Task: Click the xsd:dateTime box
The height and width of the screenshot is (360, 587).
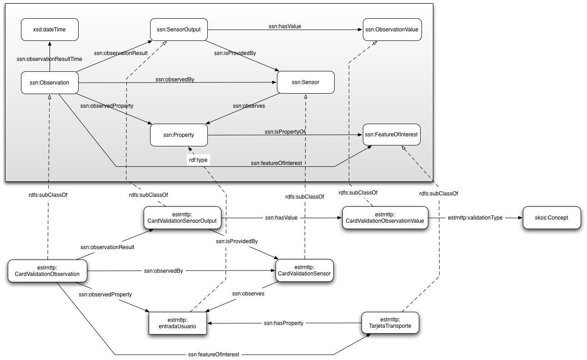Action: tap(49, 30)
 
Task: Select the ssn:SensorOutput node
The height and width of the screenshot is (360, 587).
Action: tap(179, 30)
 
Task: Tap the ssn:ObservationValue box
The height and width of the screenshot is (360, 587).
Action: tap(391, 30)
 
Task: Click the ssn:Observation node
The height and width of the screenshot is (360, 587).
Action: tap(49, 83)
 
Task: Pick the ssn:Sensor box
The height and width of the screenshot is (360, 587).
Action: tap(306, 83)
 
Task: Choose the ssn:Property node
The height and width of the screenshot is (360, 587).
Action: tap(179, 135)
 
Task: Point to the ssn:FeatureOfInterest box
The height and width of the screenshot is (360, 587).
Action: tap(391, 135)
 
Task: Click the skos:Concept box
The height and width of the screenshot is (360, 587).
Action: tap(552, 218)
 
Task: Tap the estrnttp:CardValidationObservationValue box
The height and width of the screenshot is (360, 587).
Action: tap(385, 218)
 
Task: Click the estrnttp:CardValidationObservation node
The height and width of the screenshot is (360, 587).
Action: tap(47, 270)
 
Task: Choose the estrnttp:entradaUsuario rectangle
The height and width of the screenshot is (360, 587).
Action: tap(178, 323)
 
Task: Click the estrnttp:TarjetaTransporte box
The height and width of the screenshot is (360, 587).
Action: tap(390, 323)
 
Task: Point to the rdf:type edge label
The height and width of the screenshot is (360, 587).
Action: tap(198, 160)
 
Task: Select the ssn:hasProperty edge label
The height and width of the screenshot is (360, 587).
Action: tap(283, 323)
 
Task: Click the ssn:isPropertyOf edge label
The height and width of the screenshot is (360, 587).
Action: tap(285, 132)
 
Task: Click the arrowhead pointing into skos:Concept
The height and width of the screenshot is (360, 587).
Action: tap(520, 218)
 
